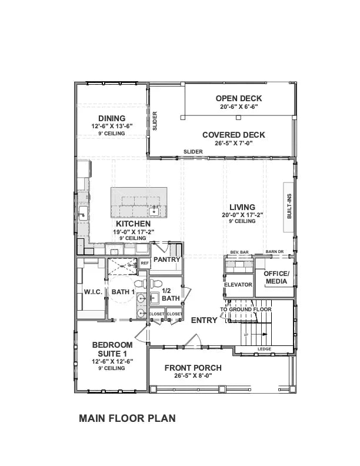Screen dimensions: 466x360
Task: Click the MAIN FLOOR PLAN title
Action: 127,419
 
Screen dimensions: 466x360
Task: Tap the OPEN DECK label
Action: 238,98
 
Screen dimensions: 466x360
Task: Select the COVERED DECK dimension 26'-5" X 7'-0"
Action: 234,143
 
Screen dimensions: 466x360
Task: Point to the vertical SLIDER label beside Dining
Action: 155,121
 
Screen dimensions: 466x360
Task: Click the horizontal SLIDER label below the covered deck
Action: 193,152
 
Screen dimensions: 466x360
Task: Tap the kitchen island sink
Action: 155,211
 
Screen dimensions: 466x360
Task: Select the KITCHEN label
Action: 133,224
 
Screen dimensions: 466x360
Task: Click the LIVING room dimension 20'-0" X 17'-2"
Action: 242,215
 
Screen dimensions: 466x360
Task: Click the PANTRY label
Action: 166,259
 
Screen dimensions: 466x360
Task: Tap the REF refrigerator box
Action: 144,263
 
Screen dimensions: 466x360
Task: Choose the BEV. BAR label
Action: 239,252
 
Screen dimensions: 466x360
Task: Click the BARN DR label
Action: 274,252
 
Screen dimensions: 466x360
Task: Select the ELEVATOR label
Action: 238,285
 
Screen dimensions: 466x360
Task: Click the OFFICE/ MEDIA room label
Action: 276,278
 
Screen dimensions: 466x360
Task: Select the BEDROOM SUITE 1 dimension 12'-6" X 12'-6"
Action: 112,361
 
